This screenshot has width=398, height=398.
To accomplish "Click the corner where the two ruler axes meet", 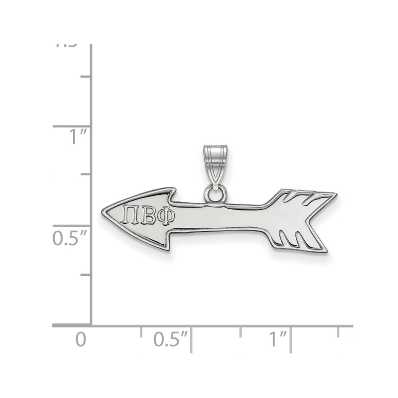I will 92,325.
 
